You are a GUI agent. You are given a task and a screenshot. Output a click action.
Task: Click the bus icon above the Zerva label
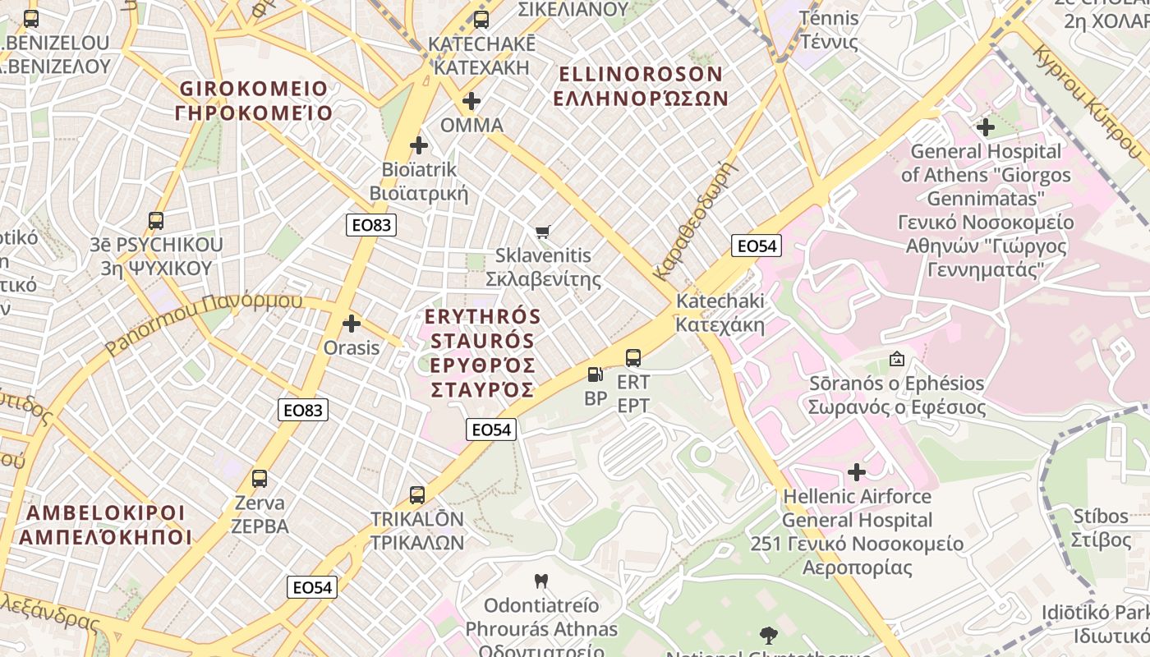click(x=260, y=478)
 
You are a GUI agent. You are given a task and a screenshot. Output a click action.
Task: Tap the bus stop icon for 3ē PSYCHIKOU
click(x=156, y=220)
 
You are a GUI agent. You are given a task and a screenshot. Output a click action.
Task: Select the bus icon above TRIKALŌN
click(x=417, y=494)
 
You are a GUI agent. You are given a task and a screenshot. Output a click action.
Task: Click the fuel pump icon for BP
click(x=595, y=374)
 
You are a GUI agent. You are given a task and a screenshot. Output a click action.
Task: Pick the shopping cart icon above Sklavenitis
click(x=542, y=232)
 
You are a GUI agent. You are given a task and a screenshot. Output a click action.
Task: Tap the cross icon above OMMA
click(x=471, y=101)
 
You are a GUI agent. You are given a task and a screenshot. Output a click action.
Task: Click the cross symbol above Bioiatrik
click(x=419, y=145)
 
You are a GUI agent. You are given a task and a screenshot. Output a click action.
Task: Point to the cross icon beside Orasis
click(x=352, y=324)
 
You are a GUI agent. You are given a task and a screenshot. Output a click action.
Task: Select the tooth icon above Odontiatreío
click(x=540, y=581)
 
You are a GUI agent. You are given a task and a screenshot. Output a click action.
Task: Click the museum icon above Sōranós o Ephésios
click(x=896, y=359)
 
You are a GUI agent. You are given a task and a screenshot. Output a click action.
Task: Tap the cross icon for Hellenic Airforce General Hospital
click(x=857, y=472)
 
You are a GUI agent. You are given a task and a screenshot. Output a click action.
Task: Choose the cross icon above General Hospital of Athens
click(x=985, y=127)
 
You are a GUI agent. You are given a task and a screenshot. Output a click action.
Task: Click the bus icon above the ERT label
click(x=633, y=358)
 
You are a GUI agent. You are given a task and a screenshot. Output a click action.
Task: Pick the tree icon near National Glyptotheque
click(x=769, y=634)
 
